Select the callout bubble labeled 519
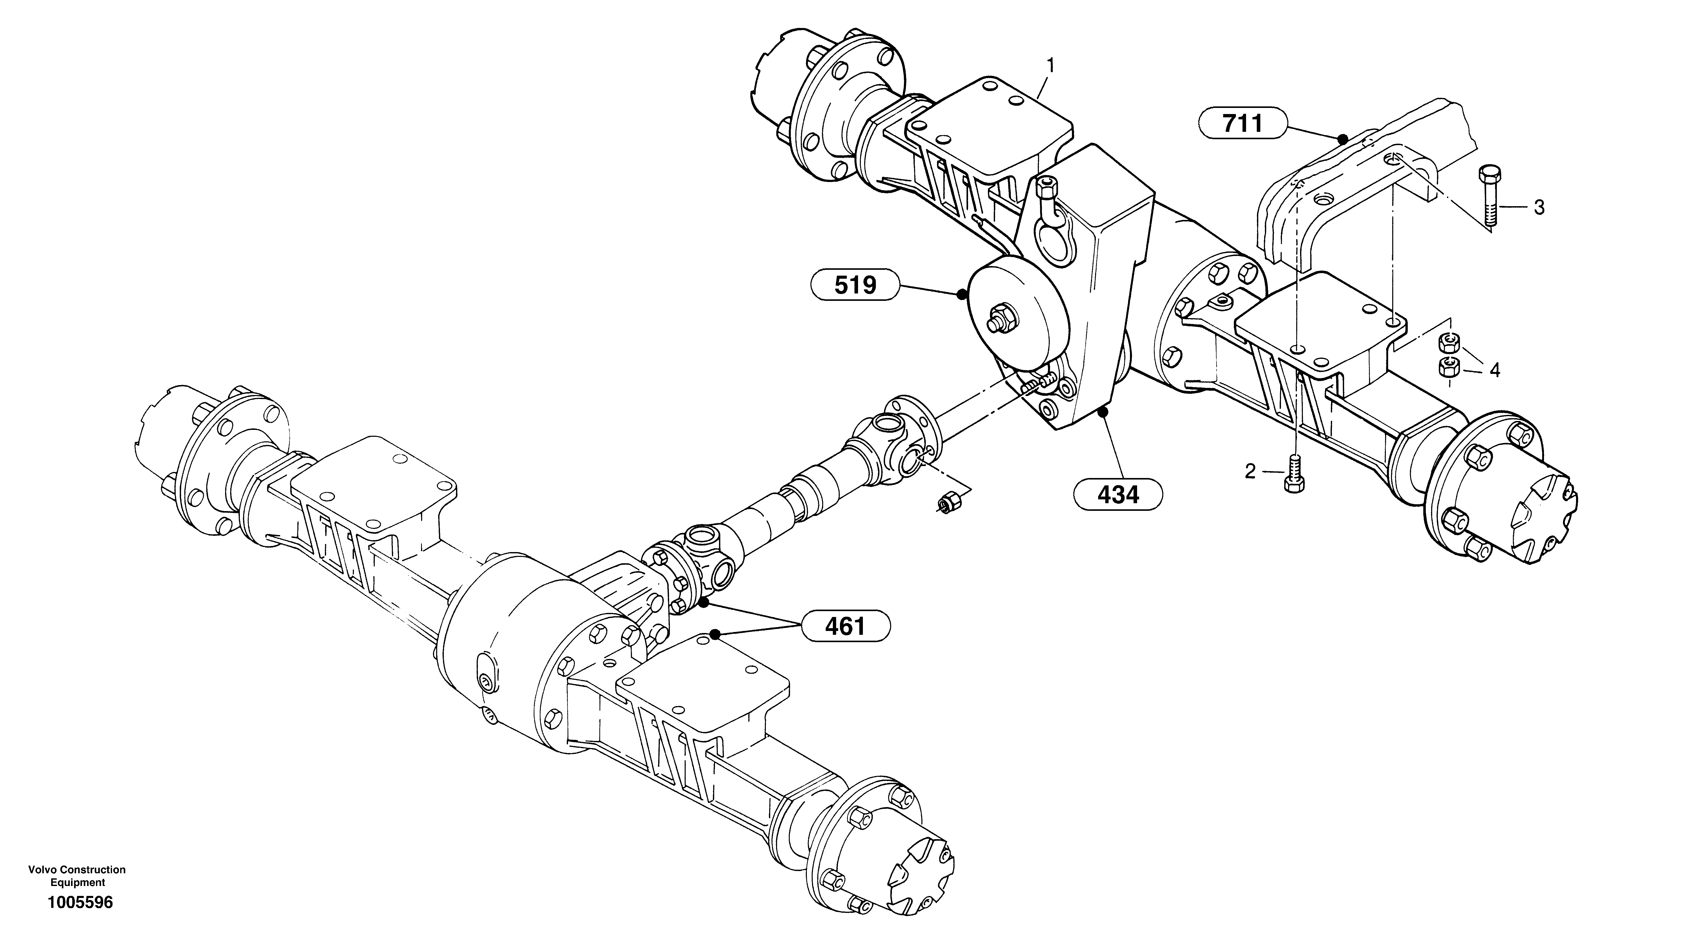pos(855,285)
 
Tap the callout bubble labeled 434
pos(1118,494)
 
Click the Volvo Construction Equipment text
pos(77,876)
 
